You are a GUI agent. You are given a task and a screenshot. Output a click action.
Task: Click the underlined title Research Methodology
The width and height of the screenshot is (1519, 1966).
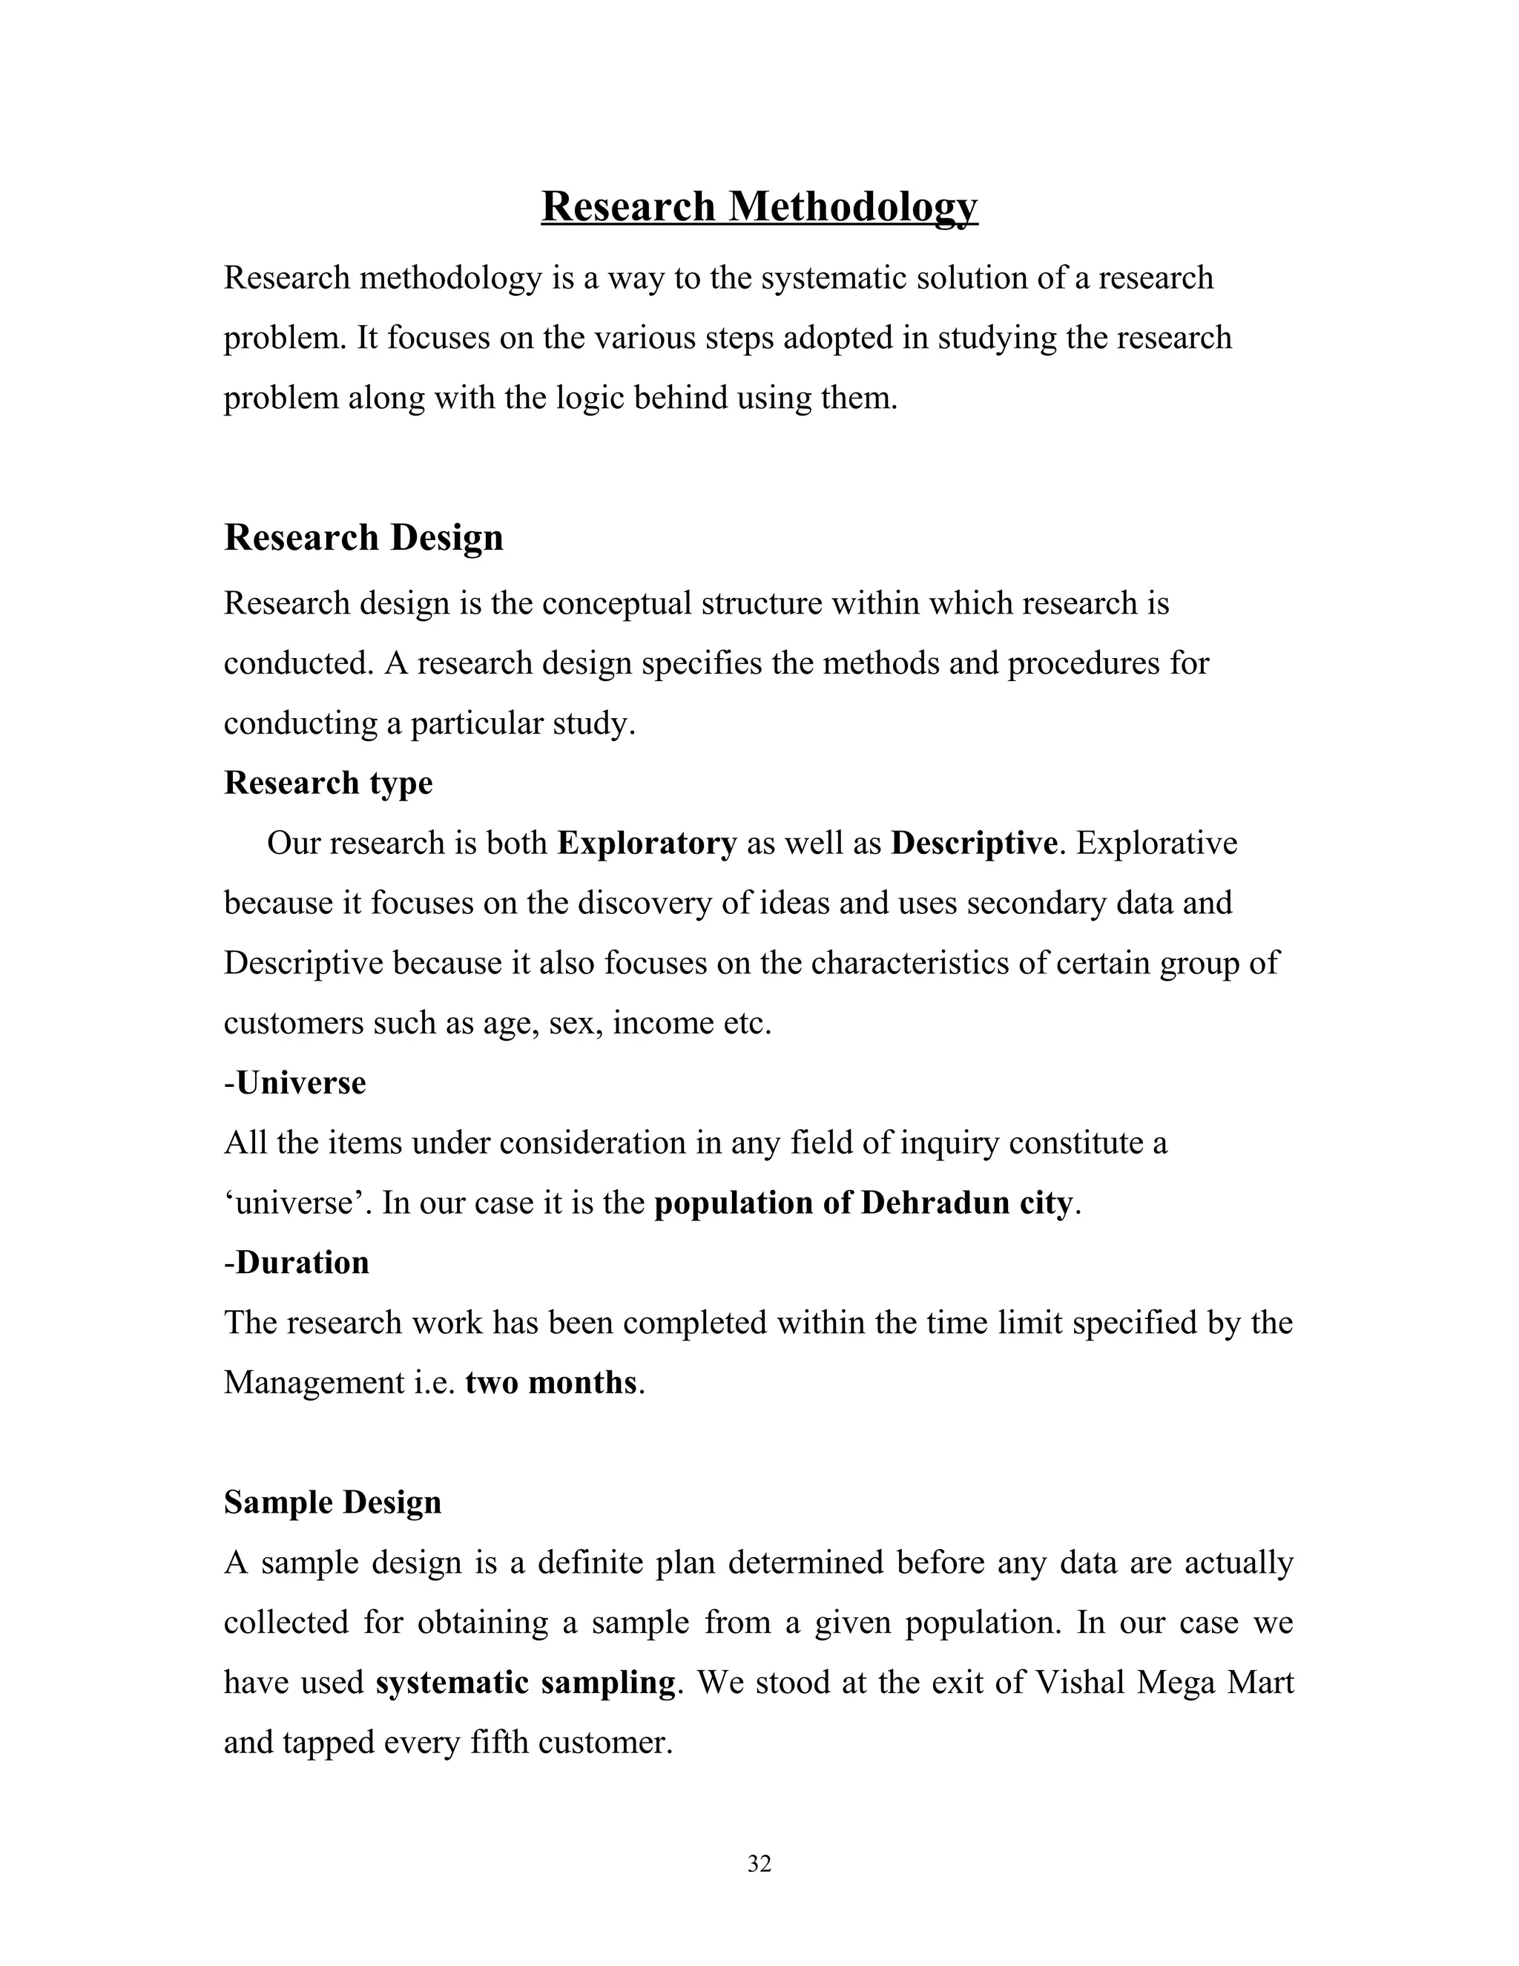pyautogui.click(x=759, y=206)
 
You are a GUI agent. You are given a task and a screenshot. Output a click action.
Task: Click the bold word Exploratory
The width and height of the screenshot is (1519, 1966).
pyautogui.click(x=646, y=844)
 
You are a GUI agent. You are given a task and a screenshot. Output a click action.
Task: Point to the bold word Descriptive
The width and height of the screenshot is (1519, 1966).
pyautogui.click(x=974, y=844)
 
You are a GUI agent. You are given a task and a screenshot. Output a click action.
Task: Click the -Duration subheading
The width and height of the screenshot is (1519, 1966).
pyautogui.click(x=296, y=1262)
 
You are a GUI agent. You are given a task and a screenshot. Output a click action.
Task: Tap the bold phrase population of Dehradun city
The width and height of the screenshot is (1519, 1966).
pyautogui.click(x=863, y=1203)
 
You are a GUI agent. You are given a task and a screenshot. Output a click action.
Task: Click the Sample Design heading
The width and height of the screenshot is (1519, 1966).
pyautogui.click(x=332, y=1502)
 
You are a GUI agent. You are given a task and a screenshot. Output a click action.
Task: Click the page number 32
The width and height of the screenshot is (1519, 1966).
pyautogui.click(x=759, y=1864)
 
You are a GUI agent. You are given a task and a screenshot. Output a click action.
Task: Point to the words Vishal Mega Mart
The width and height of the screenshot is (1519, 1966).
pyautogui.click(x=1164, y=1682)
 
